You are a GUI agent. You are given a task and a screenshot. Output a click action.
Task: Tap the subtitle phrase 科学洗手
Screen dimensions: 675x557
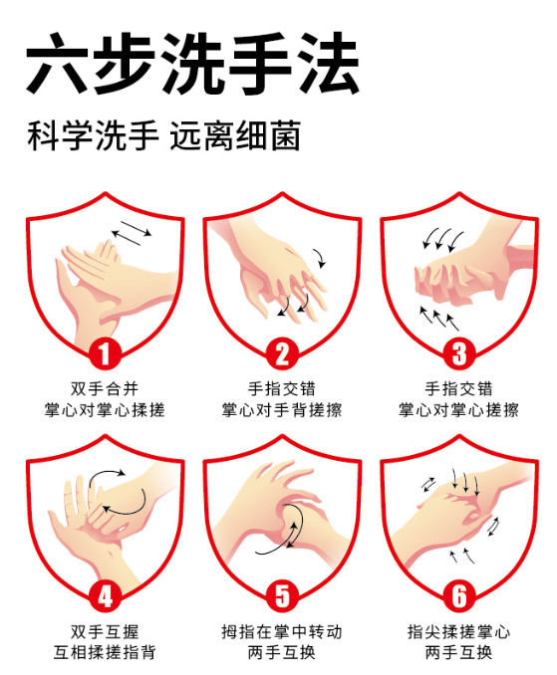click(93, 136)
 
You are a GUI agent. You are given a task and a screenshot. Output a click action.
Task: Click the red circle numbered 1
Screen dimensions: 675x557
click(105, 352)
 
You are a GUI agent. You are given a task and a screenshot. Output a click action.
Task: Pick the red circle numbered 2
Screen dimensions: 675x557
click(282, 352)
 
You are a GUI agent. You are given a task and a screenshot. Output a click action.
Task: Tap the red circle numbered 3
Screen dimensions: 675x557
click(458, 352)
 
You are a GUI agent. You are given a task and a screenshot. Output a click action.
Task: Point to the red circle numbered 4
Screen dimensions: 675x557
click(105, 596)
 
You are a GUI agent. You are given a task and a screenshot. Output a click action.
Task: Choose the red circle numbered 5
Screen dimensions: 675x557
click(282, 596)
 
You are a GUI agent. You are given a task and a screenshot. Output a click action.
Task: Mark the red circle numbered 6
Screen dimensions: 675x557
click(458, 596)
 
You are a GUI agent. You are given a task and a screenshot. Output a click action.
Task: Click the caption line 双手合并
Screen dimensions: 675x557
click(105, 388)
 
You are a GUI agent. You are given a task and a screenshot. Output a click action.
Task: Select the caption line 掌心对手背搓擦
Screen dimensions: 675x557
click(282, 410)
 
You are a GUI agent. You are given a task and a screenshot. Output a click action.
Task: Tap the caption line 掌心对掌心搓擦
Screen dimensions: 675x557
click(458, 410)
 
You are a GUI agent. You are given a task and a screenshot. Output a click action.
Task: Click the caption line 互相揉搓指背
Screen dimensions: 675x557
click(105, 654)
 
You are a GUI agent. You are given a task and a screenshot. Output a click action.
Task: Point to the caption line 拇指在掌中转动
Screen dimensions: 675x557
click(282, 632)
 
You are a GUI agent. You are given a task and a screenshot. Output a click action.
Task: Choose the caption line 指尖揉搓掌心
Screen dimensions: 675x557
click(458, 632)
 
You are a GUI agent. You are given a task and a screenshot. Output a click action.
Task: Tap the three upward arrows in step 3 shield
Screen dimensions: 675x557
click(438, 318)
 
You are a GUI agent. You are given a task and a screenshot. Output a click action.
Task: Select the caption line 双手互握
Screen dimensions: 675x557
click(105, 632)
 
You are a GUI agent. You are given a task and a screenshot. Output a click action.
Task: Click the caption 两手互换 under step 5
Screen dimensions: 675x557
click(282, 654)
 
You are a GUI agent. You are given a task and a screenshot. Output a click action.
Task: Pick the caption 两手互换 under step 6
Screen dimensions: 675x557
click(458, 654)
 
